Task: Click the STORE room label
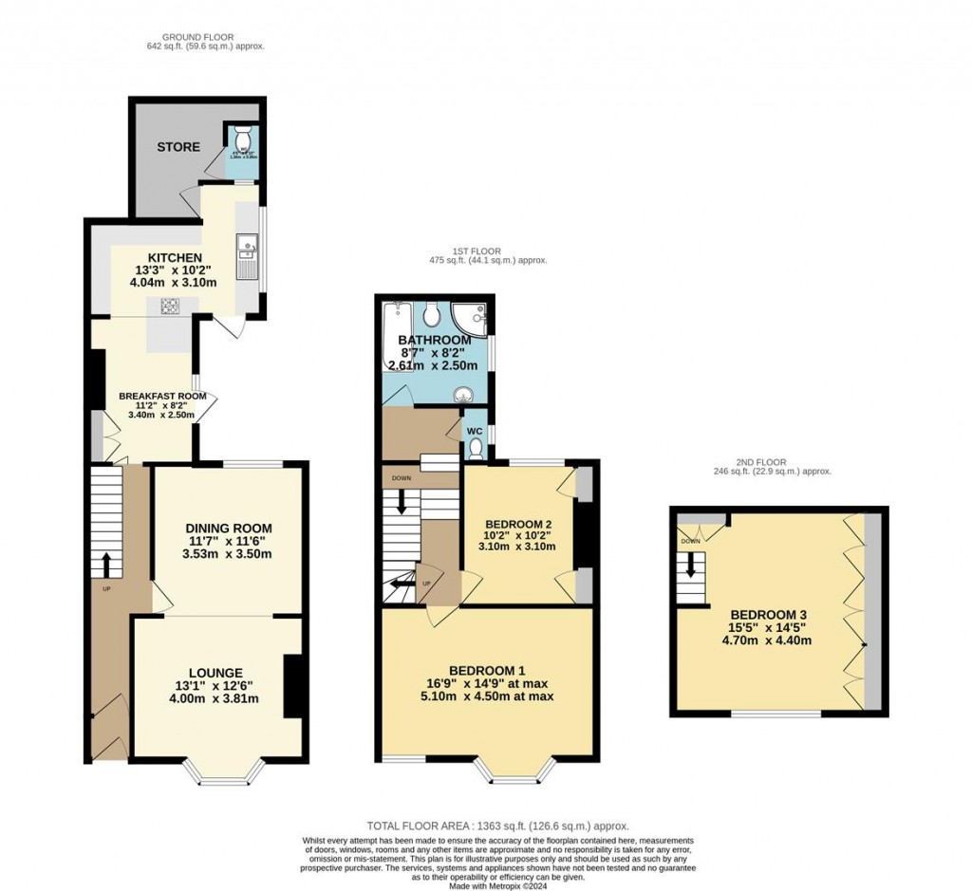tap(178, 147)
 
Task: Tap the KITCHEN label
tap(174, 258)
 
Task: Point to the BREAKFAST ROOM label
tap(156, 396)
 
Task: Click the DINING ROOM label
tap(228, 529)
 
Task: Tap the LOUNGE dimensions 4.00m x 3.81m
tap(215, 699)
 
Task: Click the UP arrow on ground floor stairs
tap(105, 565)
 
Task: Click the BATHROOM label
tap(434, 341)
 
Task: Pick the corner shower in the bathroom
tap(472, 317)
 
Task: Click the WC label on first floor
tap(476, 429)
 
